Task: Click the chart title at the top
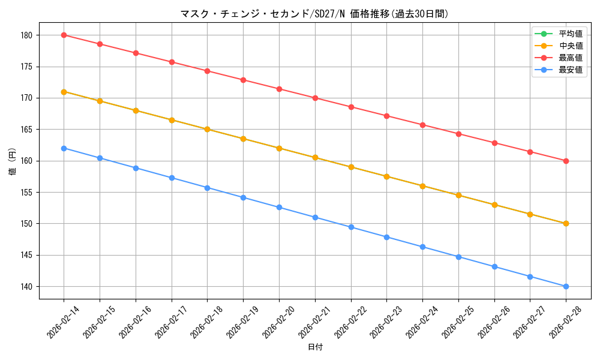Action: (314, 14)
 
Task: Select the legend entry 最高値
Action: (571, 58)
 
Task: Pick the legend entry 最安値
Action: (571, 70)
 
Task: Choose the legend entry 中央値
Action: (571, 46)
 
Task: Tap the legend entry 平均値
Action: (571, 34)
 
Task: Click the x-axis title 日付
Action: (315, 347)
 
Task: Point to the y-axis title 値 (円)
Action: (12, 161)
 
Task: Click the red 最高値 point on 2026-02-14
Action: (64, 35)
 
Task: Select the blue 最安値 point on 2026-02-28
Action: (566, 286)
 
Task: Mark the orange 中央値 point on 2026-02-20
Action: (279, 148)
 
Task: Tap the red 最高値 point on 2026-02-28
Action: (566, 161)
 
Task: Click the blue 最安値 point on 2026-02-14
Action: (64, 148)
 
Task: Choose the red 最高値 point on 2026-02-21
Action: (315, 98)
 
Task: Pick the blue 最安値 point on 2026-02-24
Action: (422, 247)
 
